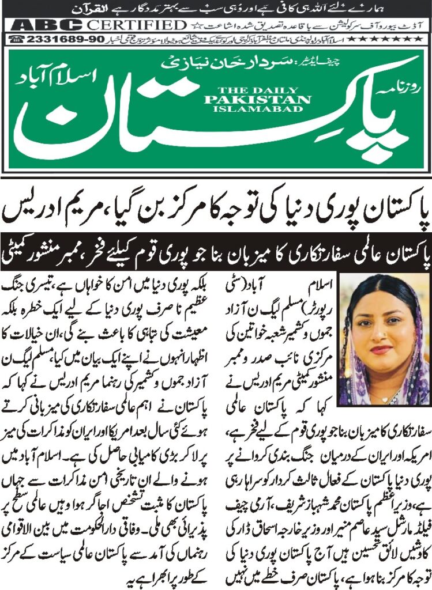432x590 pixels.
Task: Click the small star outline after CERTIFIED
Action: [x=194, y=25]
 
